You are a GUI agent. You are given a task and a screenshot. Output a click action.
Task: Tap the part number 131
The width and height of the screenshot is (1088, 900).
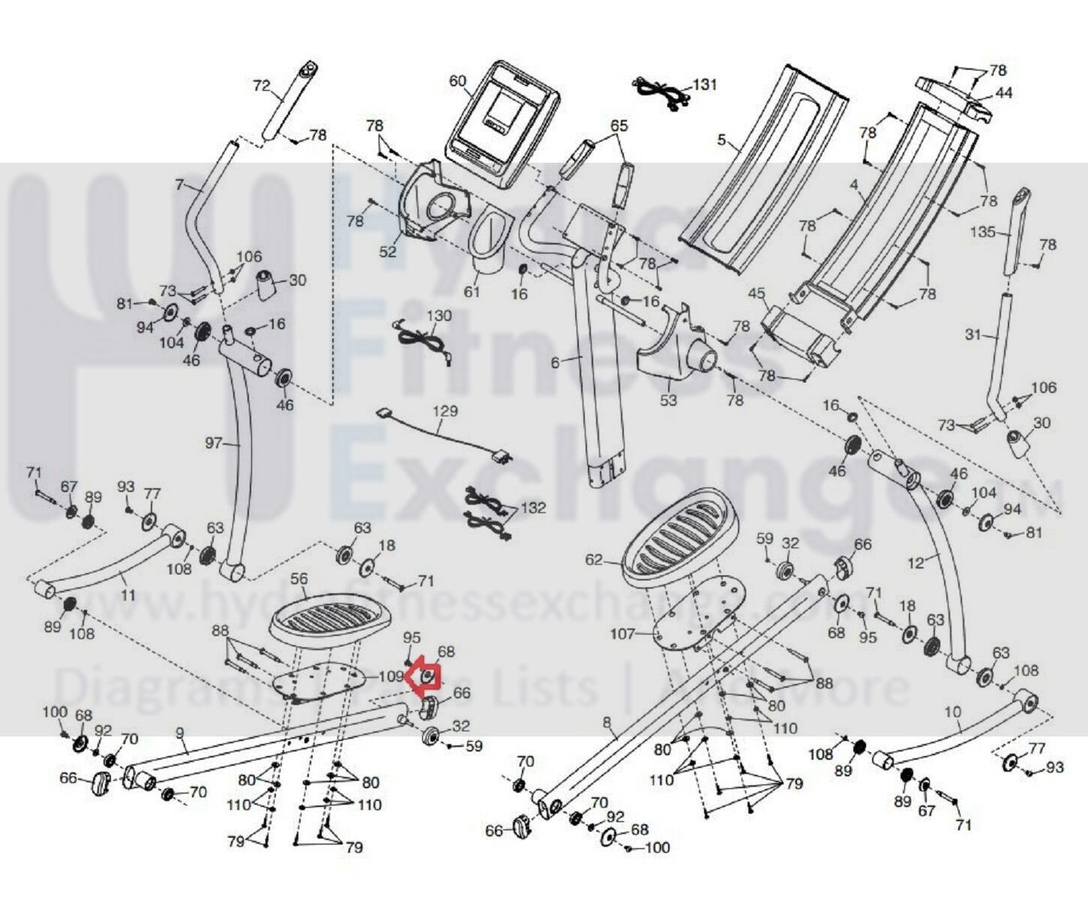[704, 84]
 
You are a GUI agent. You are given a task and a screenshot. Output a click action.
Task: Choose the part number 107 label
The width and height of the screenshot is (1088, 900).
[622, 634]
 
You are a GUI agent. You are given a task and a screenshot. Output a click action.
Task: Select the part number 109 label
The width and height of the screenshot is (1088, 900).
[390, 676]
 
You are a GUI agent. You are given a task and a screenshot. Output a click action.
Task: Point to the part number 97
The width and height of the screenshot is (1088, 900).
[214, 444]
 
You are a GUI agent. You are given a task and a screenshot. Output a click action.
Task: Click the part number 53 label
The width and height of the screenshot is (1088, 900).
[668, 400]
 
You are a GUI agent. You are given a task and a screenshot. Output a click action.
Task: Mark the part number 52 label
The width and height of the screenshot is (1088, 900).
[387, 252]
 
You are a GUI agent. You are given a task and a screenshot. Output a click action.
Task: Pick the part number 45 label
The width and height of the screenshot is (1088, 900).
[756, 292]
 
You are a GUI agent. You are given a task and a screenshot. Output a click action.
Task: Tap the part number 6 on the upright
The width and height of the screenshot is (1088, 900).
[555, 363]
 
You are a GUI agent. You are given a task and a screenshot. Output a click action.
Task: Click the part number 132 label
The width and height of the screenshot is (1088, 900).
[533, 507]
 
